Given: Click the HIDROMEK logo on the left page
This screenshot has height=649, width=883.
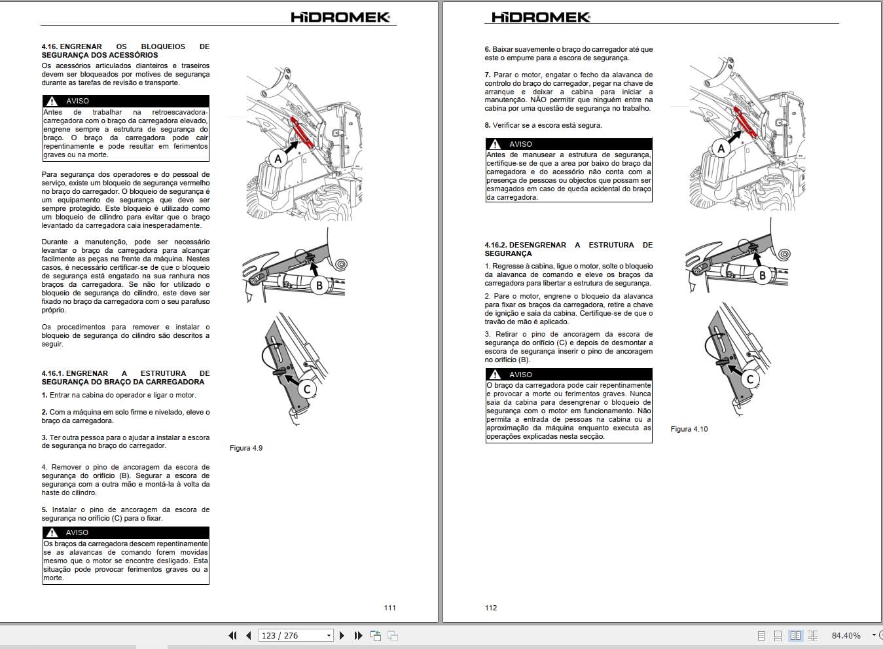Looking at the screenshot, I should point(340,17).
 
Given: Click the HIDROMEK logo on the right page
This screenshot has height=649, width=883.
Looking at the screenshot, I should point(541,17).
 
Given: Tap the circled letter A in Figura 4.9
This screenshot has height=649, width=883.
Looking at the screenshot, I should point(278,158).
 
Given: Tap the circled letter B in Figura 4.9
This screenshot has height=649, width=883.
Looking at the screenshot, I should point(319,285).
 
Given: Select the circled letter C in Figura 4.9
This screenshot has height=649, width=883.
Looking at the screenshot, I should point(306,389).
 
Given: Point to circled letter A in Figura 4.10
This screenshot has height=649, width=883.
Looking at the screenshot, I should point(721,149).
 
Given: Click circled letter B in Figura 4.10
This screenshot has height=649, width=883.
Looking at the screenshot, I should point(762,276).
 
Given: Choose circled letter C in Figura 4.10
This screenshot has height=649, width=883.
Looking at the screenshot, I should point(750,379).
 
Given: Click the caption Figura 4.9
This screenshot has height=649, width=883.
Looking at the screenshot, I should point(246,448).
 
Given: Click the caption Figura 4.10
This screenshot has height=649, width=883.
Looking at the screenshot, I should point(689,429).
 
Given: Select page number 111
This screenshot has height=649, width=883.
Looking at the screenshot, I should point(389,608).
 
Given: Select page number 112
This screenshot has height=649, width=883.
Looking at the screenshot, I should point(491,608).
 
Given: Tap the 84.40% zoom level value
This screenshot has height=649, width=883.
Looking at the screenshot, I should point(846,635).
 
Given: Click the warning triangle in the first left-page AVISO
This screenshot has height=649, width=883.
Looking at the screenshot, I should point(52,102).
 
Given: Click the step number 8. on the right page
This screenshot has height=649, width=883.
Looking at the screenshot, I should point(488,125).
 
